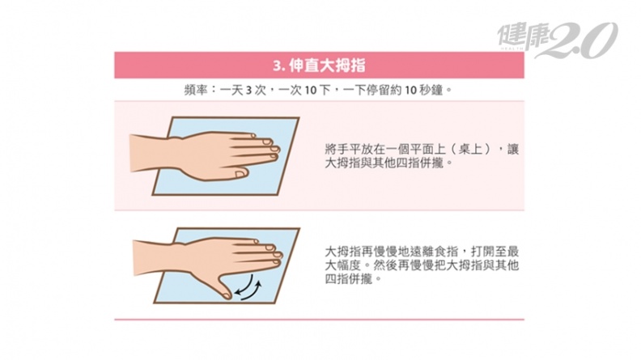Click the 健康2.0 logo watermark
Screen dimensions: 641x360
[x=557, y=40]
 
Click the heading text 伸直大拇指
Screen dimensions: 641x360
[x=327, y=66]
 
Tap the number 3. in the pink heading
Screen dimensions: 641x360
[x=278, y=66]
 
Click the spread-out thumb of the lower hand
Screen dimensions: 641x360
[x=222, y=286]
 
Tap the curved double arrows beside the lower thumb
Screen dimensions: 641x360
[x=248, y=287]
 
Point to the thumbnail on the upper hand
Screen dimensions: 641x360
[x=240, y=175]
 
